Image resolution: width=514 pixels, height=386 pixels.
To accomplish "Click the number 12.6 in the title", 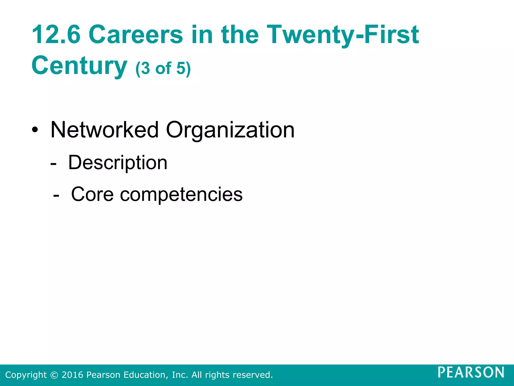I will coord(56,34).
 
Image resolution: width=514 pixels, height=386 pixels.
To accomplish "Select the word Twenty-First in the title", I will coord(343,34).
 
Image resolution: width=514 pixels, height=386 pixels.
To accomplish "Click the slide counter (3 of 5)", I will coord(163,68).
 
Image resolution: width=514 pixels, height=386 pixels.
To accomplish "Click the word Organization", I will coord(230,130).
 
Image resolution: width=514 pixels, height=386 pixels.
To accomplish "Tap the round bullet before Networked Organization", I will coord(35,130).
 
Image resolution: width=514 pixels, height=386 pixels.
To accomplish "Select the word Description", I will coord(118,163).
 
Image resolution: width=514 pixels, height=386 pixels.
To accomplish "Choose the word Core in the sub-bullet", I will coord(92,194).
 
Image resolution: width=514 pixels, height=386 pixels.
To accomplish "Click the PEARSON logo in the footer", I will coord(471,372).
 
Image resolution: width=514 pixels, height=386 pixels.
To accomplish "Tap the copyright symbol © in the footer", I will coord(54,375).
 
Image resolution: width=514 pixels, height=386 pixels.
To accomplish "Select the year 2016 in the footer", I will coord(72,375).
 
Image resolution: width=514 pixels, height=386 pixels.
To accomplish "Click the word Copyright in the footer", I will coord(26,375).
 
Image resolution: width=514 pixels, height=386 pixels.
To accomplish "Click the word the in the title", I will coord(240,34).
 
